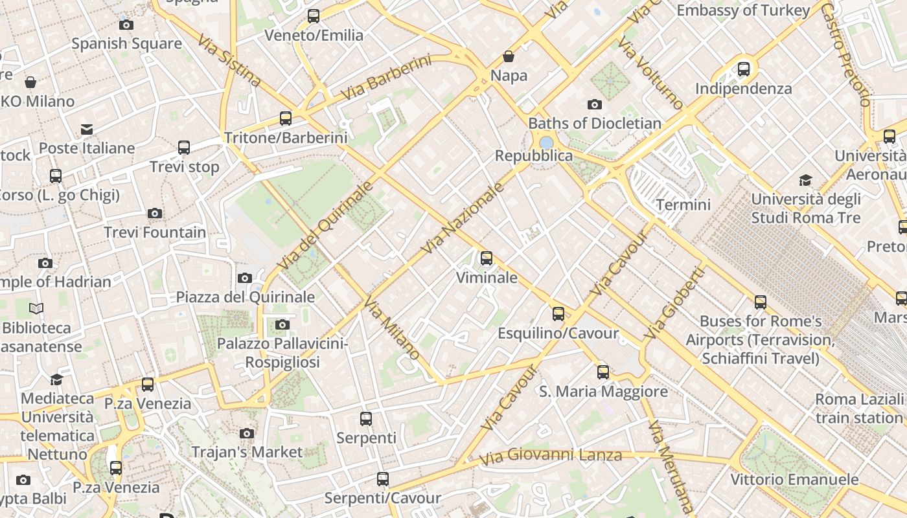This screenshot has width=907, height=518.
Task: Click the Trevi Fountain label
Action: coord(155,232)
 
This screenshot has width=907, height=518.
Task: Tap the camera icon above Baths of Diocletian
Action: coord(594,104)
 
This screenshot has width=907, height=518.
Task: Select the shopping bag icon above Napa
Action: coord(509,56)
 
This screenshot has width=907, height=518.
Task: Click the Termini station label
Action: coord(683,205)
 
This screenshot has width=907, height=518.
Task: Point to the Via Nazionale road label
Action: coord(463,218)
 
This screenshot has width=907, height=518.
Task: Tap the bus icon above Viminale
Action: coord(487,258)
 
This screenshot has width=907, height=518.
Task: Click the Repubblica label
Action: coord(534,155)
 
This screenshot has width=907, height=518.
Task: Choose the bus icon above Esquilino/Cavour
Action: coord(558,314)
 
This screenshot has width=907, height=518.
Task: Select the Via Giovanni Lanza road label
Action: coord(551,456)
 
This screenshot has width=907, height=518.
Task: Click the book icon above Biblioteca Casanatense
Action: coord(36,309)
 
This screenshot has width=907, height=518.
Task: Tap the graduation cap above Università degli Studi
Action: coord(805,180)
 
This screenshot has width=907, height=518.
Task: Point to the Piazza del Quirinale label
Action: coord(246,297)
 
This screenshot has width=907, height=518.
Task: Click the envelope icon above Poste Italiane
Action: coord(87,129)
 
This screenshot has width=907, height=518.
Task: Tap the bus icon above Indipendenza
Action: coord(744,69)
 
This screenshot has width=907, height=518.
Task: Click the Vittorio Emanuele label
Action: coord(794,480)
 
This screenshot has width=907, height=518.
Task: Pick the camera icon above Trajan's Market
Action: coord(246,433)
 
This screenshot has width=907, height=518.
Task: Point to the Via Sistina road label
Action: coord(230,60)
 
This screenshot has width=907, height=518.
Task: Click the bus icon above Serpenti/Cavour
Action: coord(383,479)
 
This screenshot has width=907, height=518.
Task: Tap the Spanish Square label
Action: coord(126,43)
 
